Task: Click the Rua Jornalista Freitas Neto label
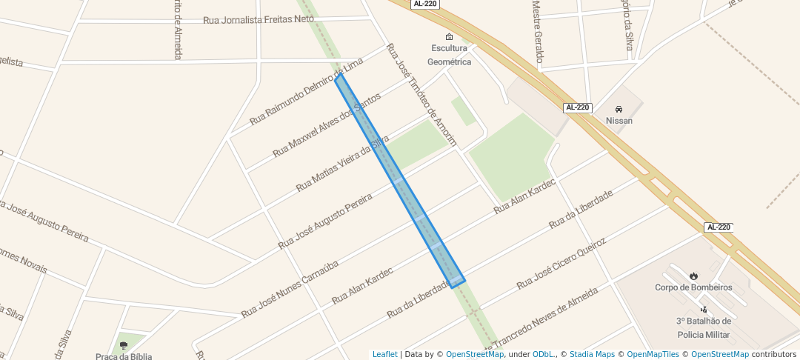[x=259, y=19]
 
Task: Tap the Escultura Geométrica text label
[x=450, y=55]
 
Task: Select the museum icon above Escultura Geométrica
[x=449, y=36]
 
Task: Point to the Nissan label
[x=619, y=121]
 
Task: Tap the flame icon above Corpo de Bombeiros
[x=693, y=276]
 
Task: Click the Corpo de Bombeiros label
[x=693, y=287]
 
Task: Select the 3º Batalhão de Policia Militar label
[x=703, y=328]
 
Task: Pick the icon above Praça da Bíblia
[x=124, y=345]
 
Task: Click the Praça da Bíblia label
[x=124, y=356]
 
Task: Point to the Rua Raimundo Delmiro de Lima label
[x=306, y=90]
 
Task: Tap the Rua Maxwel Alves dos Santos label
[x=327, y=124]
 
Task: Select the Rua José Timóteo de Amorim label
[x=424, y=93]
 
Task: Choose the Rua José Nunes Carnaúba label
[x=290, y=290]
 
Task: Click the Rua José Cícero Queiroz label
[x=561, y=263]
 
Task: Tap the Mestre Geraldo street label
[x=539, y=33]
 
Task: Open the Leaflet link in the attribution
[x=384, y=354]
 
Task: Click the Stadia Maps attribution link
[x=590, y=354]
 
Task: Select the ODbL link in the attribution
[x=544, y=354]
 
